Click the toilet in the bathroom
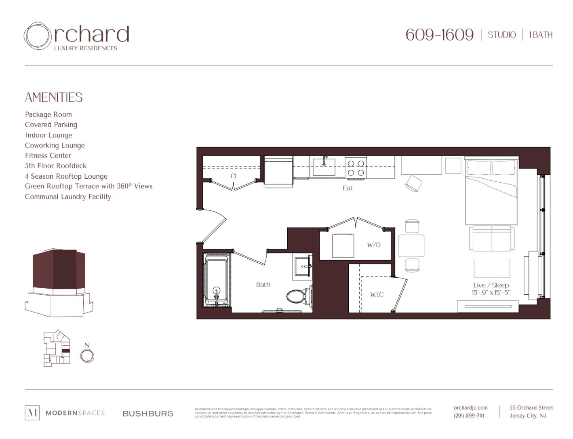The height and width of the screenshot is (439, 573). (299, 296)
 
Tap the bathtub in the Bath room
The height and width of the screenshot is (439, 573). (217, 281)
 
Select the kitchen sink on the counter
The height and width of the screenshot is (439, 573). (324, 167)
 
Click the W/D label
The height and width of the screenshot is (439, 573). (374, 245)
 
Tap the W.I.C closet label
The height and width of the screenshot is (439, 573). (377, 294)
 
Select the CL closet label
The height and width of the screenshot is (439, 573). (234, 176)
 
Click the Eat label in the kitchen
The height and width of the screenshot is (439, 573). (348, 188)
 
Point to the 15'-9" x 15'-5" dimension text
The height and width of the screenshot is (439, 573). (491, 292)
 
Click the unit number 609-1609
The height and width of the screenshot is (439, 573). (439, 35)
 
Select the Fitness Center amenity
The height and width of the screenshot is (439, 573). (48, 156)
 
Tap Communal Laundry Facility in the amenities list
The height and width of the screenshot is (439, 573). (68, 197)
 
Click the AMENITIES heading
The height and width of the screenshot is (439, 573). (54, 97)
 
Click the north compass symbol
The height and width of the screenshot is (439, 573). (87, 356)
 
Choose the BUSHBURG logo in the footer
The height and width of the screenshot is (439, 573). (148, 414)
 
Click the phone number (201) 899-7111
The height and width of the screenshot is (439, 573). (469, 416)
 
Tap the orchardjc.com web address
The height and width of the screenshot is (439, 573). (470, 407)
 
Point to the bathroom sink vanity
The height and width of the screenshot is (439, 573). (302, 266)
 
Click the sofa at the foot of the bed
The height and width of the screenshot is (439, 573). (492, 238)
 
